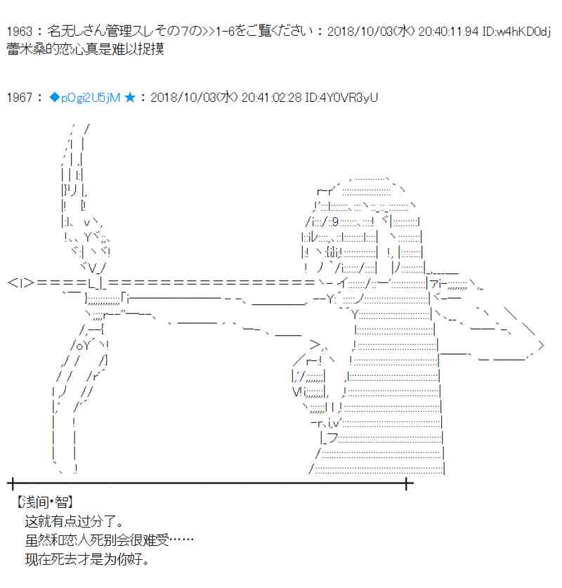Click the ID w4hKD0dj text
point(522,32)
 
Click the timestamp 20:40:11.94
point(449,32)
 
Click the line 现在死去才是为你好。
point(87,561)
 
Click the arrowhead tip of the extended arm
point(540,345)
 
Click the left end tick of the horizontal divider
point(11,483)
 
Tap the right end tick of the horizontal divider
point(407,483)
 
